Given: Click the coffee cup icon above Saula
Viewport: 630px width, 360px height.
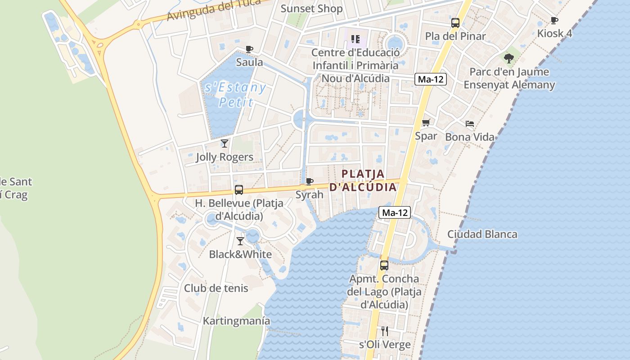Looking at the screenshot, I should (249, 49).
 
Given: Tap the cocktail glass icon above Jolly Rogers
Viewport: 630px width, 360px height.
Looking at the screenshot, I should (224, 144).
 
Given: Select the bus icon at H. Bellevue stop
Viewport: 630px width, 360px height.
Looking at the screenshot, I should (238, 190).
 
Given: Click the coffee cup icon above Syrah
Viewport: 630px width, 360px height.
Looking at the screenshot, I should (309, 181).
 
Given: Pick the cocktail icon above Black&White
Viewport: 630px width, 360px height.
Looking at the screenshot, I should (240, 241).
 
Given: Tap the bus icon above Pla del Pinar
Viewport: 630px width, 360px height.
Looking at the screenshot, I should (455, 23).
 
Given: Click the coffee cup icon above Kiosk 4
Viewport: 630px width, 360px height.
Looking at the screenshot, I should (554, 20).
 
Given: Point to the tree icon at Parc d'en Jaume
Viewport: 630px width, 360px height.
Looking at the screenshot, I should (509, 58).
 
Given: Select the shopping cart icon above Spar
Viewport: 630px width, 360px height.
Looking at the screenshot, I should (426, 122).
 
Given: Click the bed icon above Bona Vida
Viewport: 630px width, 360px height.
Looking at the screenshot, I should (469, 123).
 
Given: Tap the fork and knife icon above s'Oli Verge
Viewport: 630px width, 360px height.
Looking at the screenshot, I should (384, 331).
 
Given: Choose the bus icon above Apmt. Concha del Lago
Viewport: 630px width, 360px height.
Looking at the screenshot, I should (384, 265).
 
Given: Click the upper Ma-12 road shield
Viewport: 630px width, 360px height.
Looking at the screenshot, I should (431, 80).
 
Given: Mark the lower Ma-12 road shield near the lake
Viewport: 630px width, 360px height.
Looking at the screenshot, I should (395, 212).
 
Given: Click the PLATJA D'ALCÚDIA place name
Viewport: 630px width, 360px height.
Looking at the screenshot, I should (363, 180).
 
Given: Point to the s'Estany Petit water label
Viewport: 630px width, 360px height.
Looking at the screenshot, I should (235, 94).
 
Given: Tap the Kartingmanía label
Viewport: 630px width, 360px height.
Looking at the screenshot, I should (236, 321).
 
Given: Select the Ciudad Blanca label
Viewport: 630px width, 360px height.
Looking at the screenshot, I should (482, 234).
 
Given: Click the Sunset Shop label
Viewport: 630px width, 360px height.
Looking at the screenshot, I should (311, 9).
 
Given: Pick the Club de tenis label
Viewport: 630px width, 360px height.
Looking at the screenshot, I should (216, 288).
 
